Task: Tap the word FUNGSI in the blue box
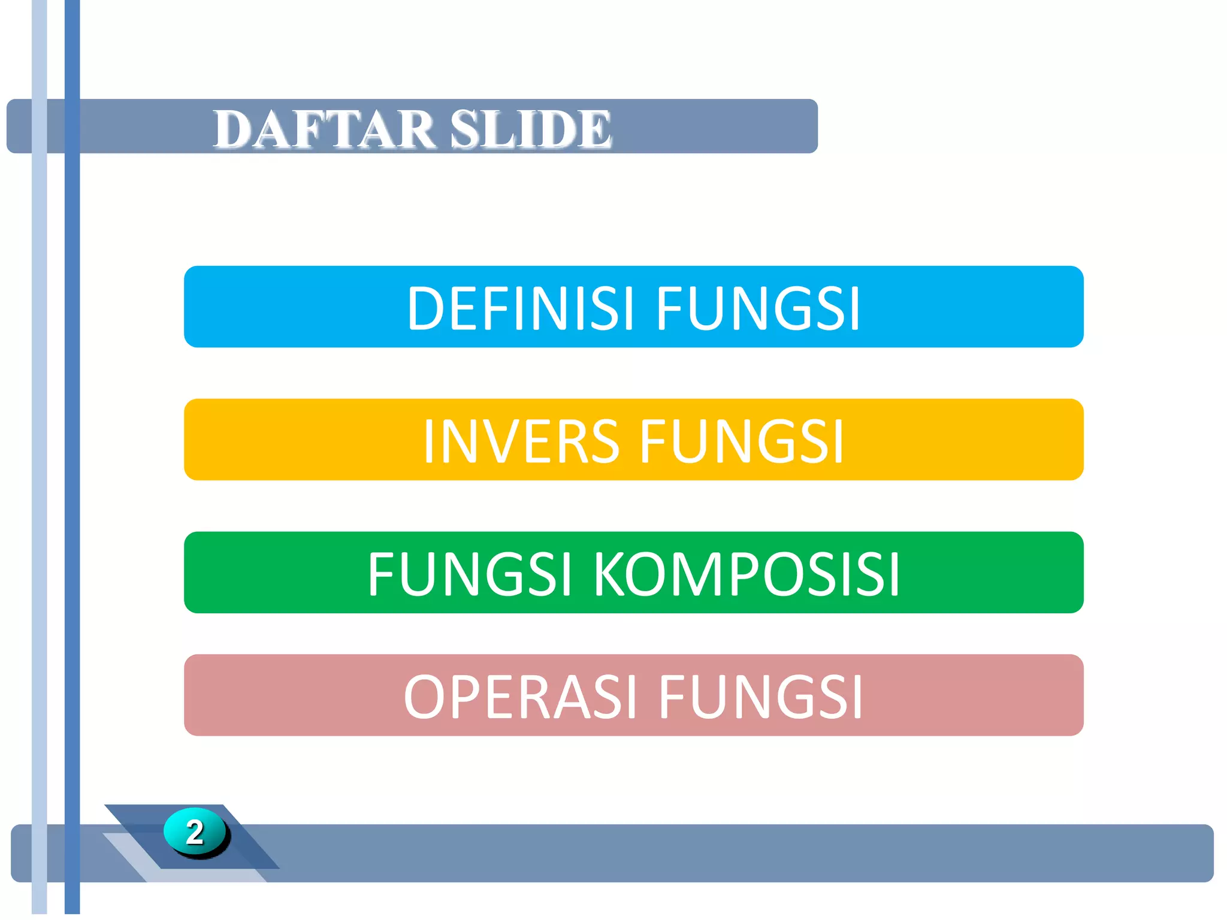pyautogui.click(x=758, y=308)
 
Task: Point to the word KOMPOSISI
pyautogui.click(x=747, y=574)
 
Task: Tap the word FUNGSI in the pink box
pyautogui.click(x=761, y=697)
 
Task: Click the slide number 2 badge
pyautogui.click(x=195, y=832)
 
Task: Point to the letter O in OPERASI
pyautogui.click(x=424, y=697)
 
